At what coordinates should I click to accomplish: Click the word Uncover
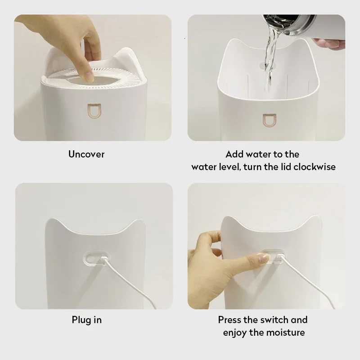(x=86, y=154)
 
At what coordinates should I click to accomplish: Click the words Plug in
(x=87, y=320)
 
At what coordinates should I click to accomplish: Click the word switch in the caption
(x=272, y=320)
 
